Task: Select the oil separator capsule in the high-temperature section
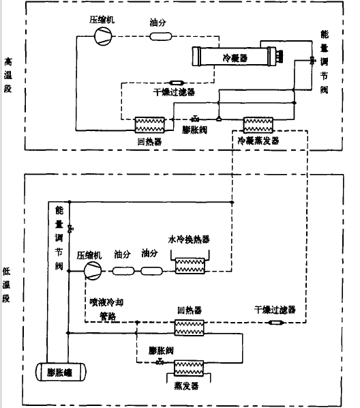pos(157,36)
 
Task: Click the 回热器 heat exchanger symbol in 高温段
pos(149,124)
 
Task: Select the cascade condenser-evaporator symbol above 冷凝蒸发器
pos(258,124)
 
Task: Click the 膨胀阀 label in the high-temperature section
pos(194,130)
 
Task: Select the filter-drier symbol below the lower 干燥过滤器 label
pos(275,321)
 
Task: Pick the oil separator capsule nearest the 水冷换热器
pos(151,271)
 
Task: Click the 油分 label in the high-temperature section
pos(158,21)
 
